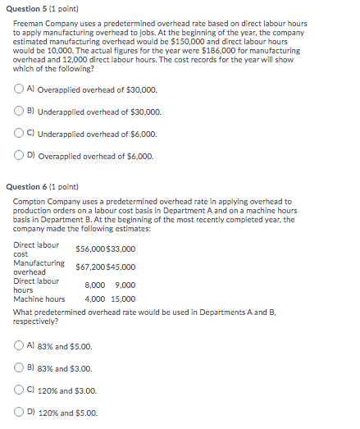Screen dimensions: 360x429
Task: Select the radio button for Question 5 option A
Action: [20, 89]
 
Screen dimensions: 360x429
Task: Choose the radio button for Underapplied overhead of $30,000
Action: [20, 112]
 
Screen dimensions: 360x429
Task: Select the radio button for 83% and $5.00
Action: [20, 346]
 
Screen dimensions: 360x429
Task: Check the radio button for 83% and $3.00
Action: [20, 368]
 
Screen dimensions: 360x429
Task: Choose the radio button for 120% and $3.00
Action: [20, 390]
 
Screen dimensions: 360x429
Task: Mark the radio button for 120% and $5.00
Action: [20, 413]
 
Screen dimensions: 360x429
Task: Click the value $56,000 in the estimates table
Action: [89, 249]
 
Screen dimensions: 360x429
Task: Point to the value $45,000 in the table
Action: [121, 267]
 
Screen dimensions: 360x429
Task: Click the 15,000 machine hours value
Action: [123, 299]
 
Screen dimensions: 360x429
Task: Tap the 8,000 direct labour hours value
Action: [97, 285]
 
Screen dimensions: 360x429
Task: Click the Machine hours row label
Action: [39, 299]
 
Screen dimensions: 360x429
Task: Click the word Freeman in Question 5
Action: [28, 23]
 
